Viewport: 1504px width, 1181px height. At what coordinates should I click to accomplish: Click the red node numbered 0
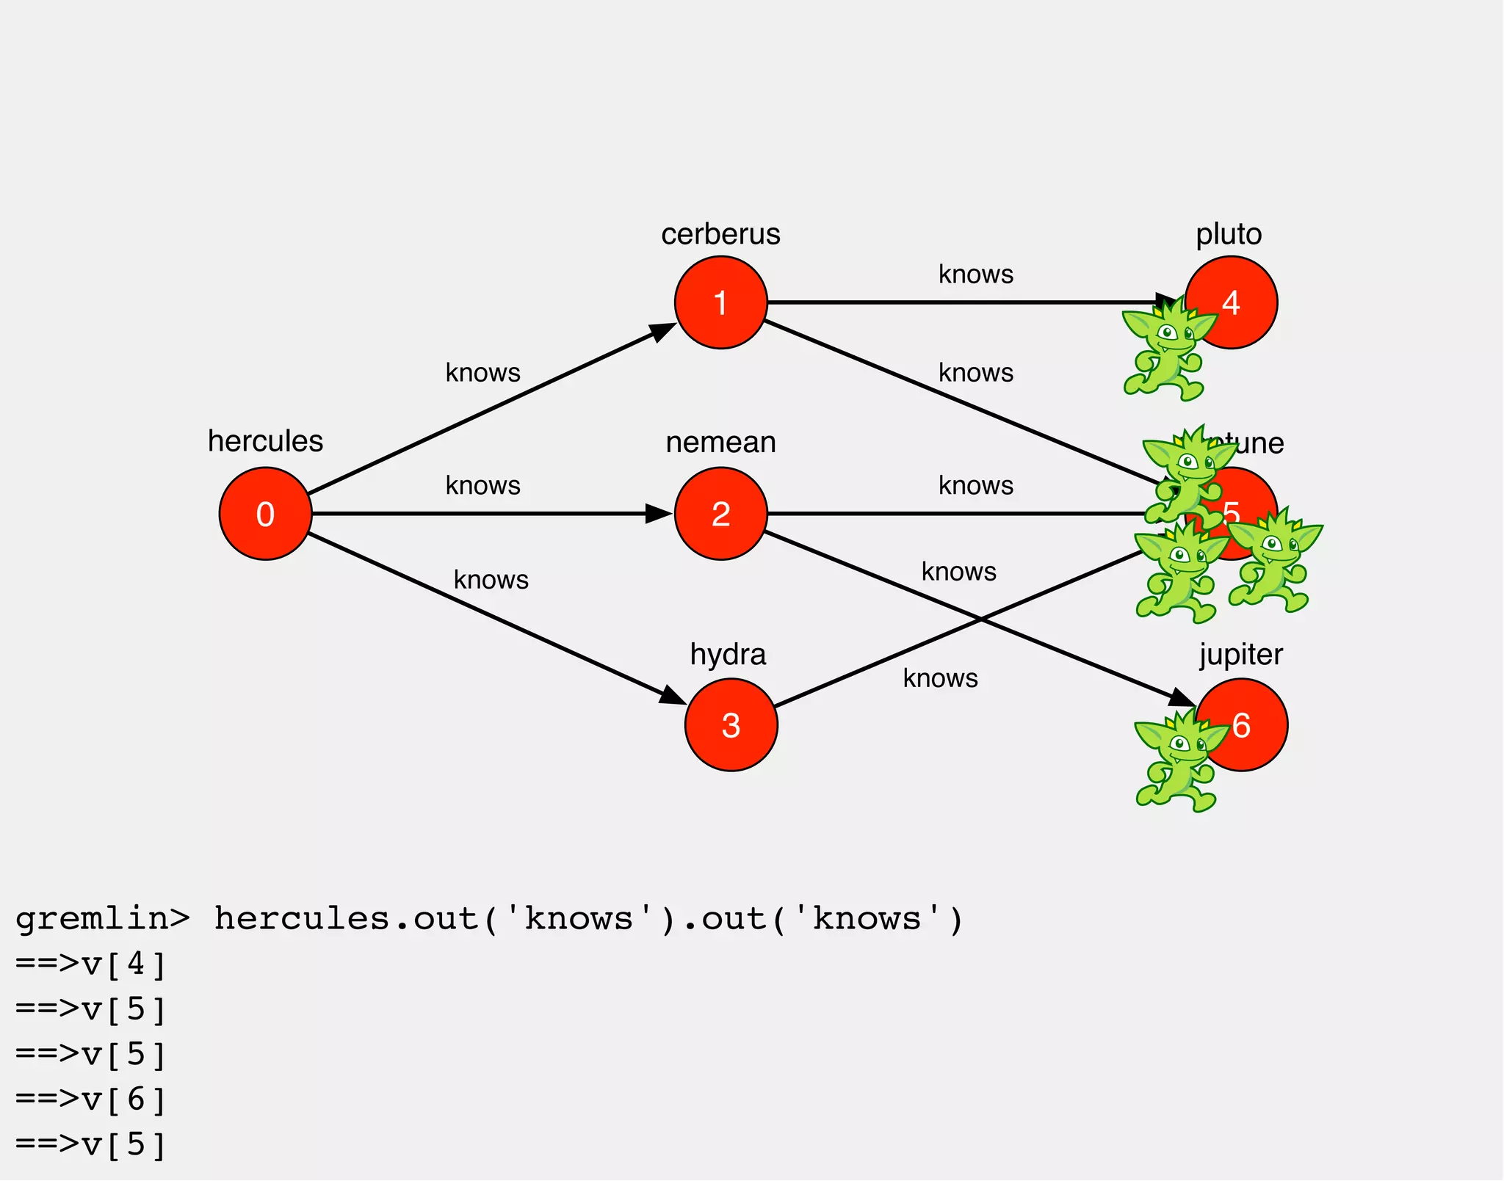click(265, 514)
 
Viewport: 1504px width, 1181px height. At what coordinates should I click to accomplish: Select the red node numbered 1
click(720, 302)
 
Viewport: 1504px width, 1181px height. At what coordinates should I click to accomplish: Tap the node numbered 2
click(720, 514)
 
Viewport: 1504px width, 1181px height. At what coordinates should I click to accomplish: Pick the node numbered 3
click(731, 725)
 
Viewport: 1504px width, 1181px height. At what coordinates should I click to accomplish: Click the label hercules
click(265, 441)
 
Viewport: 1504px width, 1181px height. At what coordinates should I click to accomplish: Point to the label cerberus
click(720, 234)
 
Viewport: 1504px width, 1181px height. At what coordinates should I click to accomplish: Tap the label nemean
click(720, 443)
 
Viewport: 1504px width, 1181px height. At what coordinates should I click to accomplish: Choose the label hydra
click(728, 654)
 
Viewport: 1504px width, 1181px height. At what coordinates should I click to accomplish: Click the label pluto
click(1229, 234)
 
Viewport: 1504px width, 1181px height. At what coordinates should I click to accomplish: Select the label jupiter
click(1241, 654)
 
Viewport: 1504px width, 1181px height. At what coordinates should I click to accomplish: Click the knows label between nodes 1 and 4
click(976, 275)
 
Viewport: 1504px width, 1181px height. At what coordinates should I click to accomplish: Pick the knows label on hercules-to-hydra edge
click(491, 580)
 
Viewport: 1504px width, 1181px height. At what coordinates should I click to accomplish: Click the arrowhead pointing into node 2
click(659, 514)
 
